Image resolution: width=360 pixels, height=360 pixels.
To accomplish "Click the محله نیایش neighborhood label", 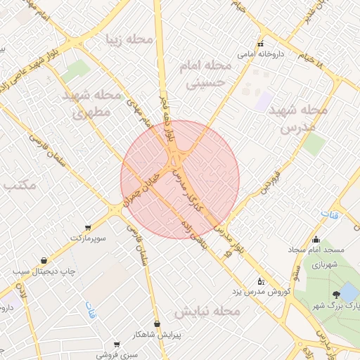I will click(x=208, y=310).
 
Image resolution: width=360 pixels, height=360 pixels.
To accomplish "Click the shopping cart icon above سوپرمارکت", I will click(x=88, y=227).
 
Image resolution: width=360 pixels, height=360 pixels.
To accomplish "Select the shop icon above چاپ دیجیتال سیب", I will click(x=44, y=260).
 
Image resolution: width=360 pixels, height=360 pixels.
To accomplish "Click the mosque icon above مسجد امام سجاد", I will click(x=316, y=239).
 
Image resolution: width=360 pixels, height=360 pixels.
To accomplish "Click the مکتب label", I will click(x=19, y=186).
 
